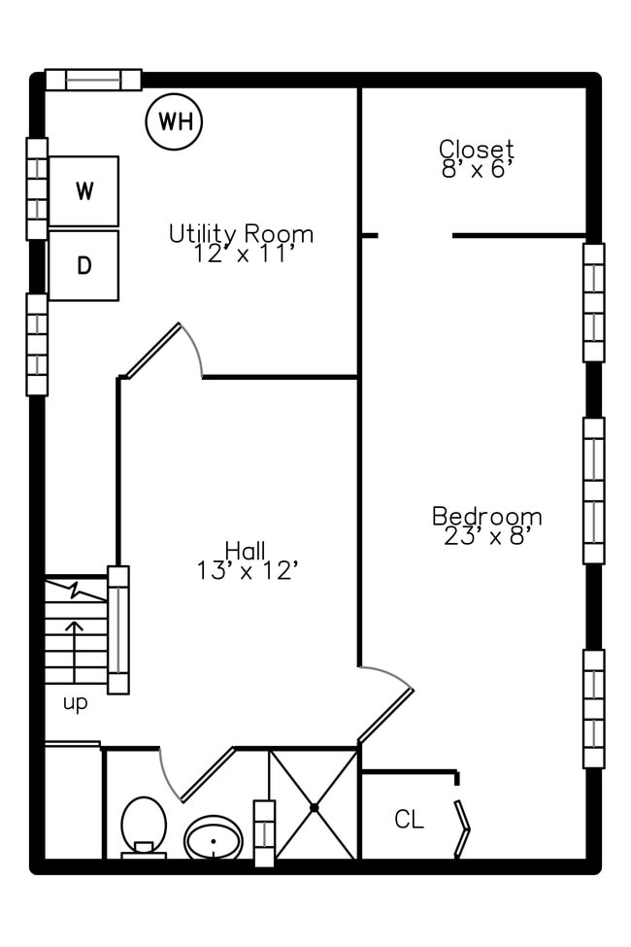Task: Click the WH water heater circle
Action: tap(176, 121)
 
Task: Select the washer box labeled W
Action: tap(84, 191)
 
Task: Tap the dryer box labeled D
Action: tap(84, 265)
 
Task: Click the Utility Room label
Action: tap(241, 233)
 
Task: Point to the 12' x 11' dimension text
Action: tap(241, 254)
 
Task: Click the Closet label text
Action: tap(476, 149)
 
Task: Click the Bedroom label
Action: tap(486, 516)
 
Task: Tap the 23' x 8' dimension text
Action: tap(486, 536)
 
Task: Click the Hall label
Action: tap(246, 550)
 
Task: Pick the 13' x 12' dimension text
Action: tap(246, 571)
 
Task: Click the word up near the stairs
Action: tap(75, 703)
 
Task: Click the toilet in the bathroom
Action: tap(144, 826)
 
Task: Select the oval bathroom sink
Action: tap(214, 838)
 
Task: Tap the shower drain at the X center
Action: tap(315, 806)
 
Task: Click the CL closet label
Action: tap(409, 820)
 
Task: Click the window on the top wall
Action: tap(93, 80)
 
